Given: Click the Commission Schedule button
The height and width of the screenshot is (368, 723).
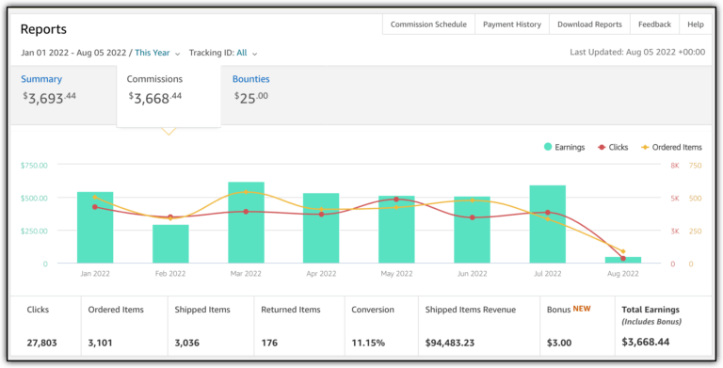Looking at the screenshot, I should point(428,24).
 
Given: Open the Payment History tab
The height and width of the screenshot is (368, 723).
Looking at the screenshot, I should point(512,24).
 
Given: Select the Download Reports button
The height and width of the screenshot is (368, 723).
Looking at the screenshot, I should point(589,24).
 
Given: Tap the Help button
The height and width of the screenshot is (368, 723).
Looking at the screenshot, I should point(696,24).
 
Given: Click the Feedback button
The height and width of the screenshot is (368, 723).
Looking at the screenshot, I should point(654,24).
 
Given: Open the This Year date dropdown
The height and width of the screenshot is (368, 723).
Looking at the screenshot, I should point(157,53).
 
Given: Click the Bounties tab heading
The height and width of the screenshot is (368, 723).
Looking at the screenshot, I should point(250,79).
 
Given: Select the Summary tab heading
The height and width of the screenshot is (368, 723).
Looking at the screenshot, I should point(41,79).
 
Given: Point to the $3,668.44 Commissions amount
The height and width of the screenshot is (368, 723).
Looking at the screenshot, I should point(155,97).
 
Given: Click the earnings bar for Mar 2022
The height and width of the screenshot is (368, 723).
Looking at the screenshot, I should point(246,222).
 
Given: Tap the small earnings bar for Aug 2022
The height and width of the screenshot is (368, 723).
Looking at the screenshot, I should point(622,260).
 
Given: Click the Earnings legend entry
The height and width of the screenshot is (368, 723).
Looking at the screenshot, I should point(564,147).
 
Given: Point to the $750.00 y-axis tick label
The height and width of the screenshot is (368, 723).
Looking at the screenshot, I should point(34,166).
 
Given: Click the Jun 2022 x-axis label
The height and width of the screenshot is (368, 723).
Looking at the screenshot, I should point(472,274).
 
